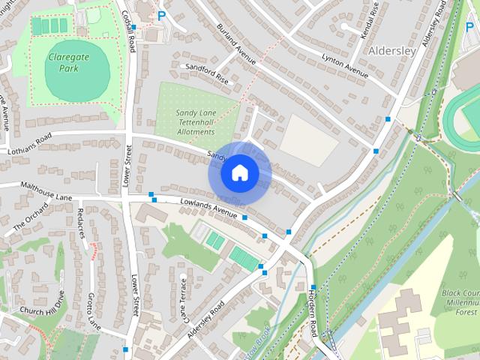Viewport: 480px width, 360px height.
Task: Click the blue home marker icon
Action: pyautogui.click(x=239, y=173)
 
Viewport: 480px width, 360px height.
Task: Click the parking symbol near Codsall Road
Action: pyautogui.click(x=160, y=14)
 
